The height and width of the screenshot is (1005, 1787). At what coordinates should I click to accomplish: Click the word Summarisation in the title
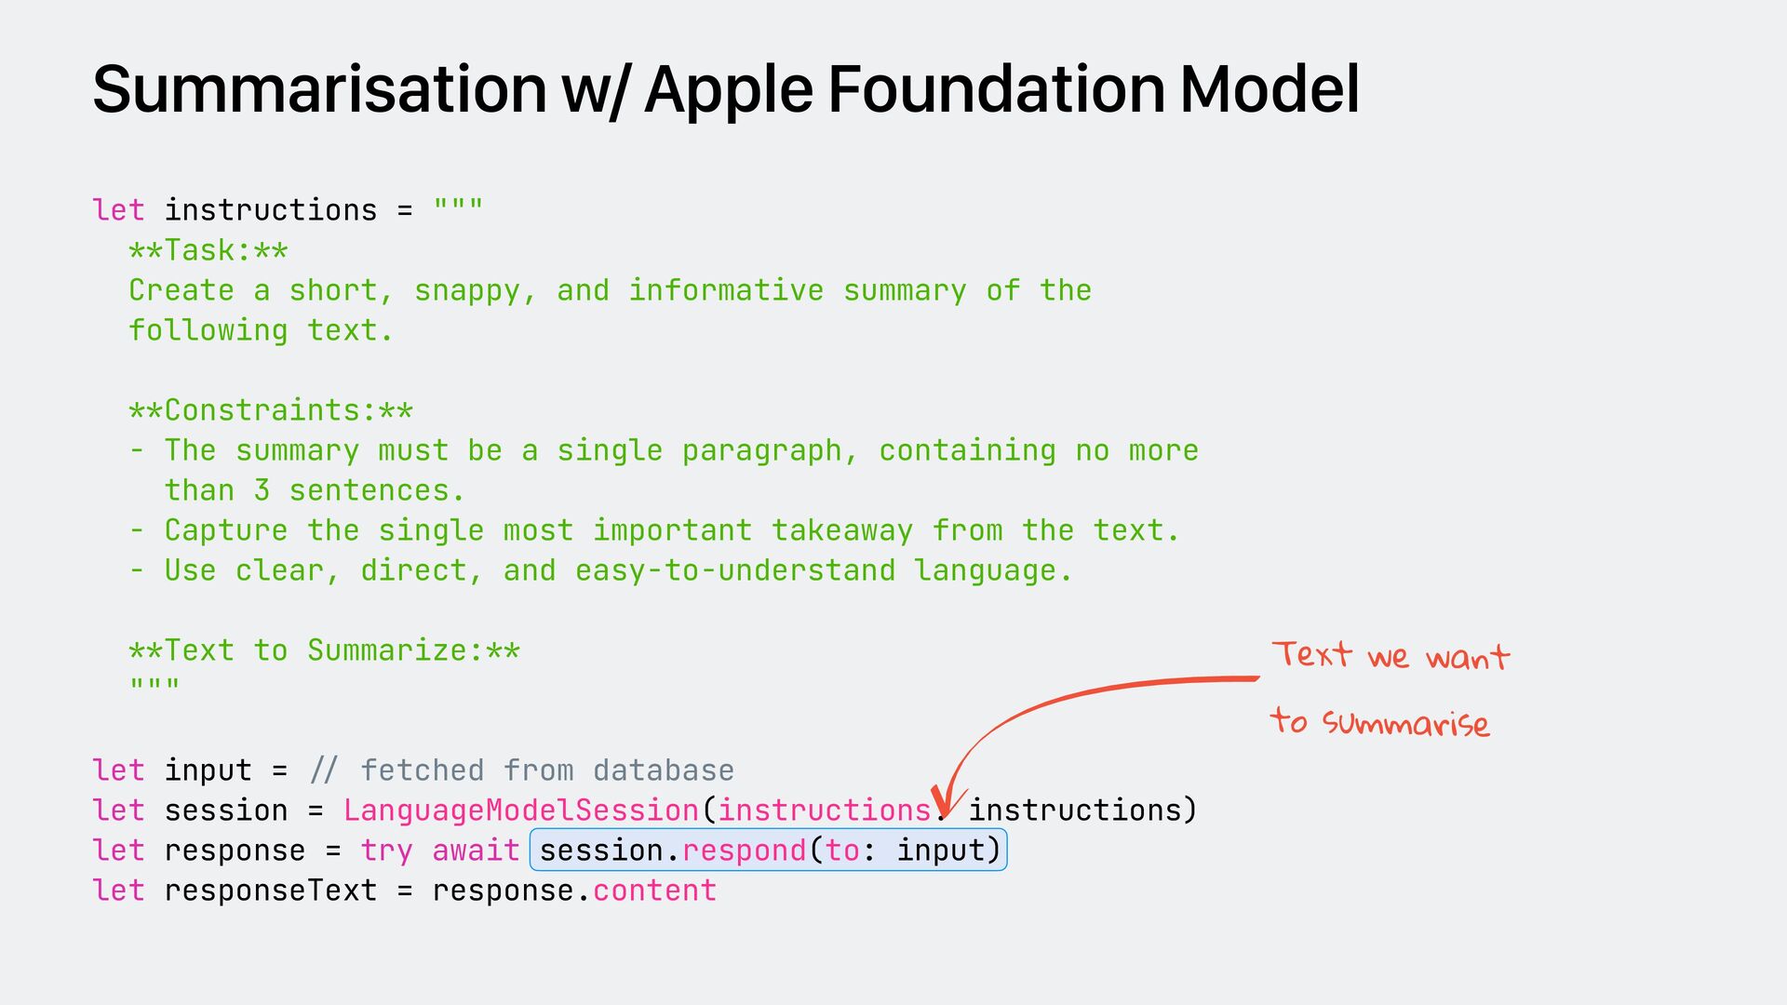tap(319, 89)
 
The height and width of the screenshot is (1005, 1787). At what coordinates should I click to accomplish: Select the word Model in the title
tap(1270, 89)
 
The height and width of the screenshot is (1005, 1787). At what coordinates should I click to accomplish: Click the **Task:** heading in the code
tap(208, 250)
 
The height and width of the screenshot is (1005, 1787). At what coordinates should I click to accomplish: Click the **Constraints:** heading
tap(271, 410)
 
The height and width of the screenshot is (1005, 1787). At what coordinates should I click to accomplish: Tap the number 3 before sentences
tap(262, 490)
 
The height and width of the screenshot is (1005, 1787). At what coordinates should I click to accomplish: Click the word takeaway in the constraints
tap(842, 530)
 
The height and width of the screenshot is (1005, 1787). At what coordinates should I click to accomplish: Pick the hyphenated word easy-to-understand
tap(735, 570)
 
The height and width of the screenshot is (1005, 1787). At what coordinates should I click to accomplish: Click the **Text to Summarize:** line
tap(324, 650)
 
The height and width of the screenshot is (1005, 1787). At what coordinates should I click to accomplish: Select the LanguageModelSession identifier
tap(521, 811)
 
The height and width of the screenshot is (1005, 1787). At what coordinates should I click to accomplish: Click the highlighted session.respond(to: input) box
tap(769, 851)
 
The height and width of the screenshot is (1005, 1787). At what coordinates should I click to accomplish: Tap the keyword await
tap(476, 851)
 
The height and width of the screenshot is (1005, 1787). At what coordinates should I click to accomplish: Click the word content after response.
tap(654, 891)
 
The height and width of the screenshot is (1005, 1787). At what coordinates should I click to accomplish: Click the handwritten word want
tap(1468, 658)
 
